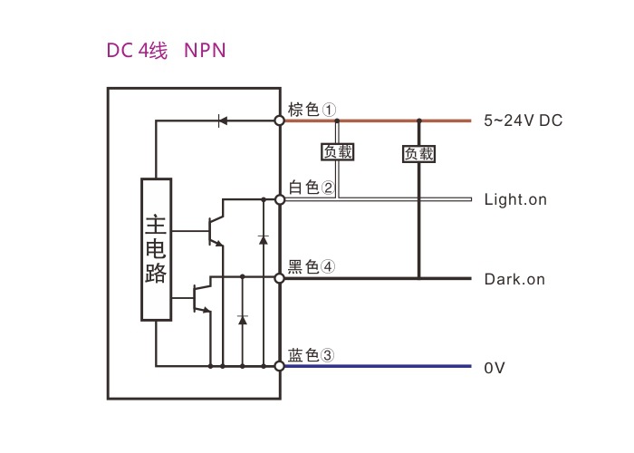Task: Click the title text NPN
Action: (x=205, y=51)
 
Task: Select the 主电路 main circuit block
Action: (x=156, y=249)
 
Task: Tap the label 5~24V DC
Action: (x=524, y=120)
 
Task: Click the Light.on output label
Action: (x=515, y=199)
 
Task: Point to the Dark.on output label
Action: (x=514, y=279)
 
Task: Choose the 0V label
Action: (x=495, y=368)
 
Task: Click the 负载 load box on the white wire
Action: (x=338, y=152)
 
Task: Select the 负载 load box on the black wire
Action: (x=418, y=154)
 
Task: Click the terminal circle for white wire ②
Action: (x=280, y=198)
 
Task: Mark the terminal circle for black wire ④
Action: (x=280, y=278)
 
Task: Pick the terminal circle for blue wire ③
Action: (x=280, y=366)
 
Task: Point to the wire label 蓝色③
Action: (x=312, y=355)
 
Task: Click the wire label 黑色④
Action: (x=312, y=266)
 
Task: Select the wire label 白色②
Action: (x=312, y=188)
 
